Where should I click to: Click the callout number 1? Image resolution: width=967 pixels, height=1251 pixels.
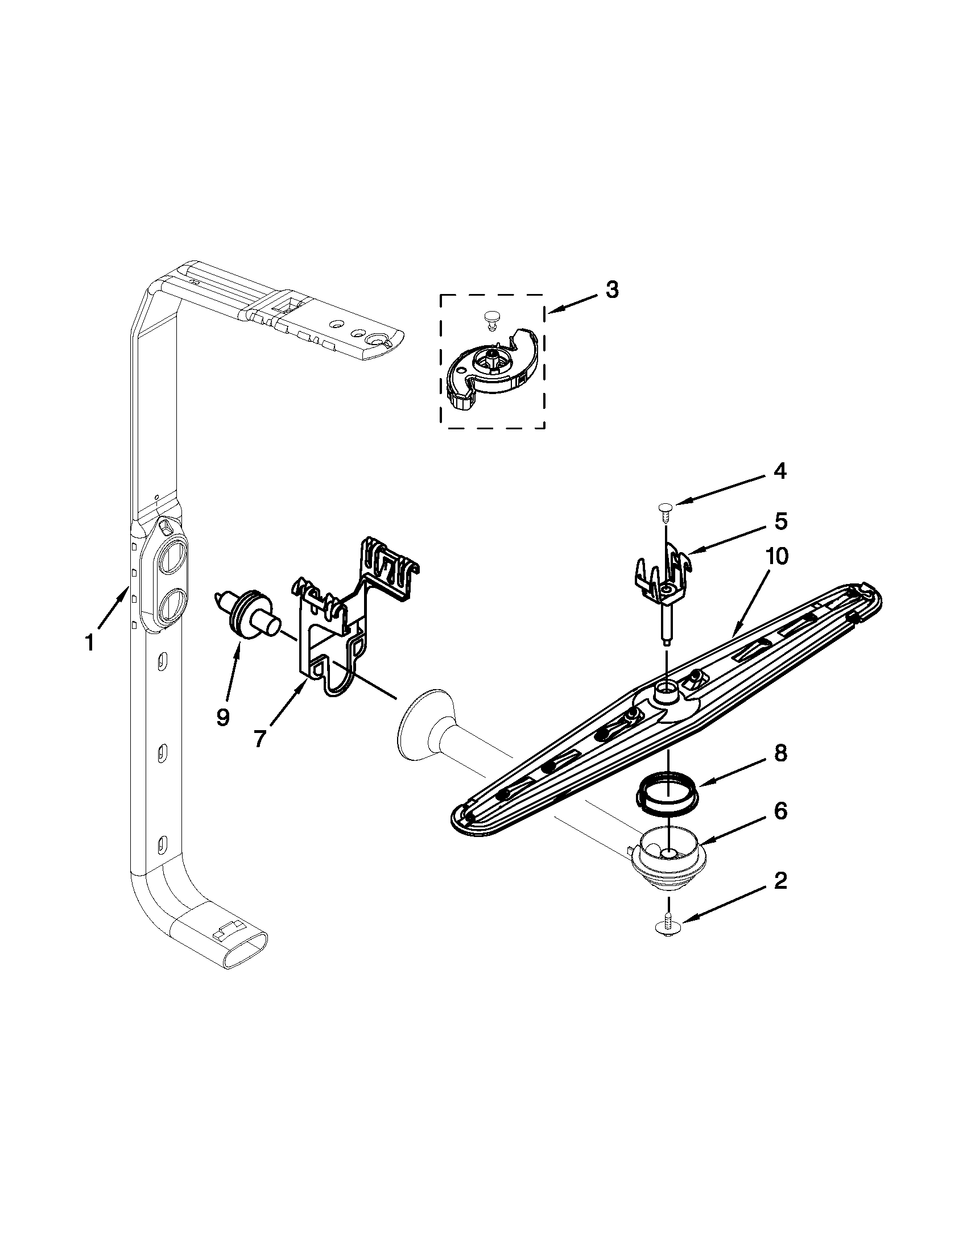click(x=89, y=643)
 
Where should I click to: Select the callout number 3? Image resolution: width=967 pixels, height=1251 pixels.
click(x=612, y=290)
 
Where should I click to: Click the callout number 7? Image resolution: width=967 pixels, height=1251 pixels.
click(x=259, y=739)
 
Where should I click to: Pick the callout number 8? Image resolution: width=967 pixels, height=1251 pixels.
click(x=780, y=755)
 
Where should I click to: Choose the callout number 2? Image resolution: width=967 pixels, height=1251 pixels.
click(x=780, y=881)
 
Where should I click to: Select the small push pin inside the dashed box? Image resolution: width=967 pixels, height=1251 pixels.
click(x=490, y=318)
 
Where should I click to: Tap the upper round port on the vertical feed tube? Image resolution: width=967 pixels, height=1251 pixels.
click(x=170, y=558)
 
